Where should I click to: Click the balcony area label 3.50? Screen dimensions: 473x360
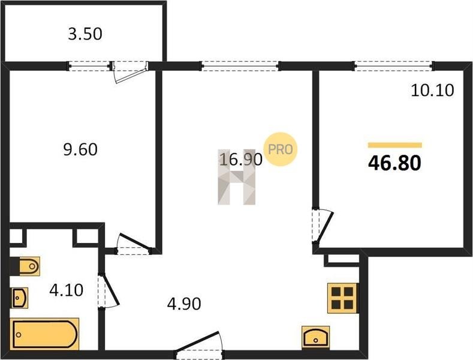point(85,34)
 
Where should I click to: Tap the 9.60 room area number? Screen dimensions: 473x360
point(80,149)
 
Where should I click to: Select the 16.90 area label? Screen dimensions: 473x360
point(241,160)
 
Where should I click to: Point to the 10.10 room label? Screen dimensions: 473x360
point(432,91)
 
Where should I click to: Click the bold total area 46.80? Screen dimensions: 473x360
point(394,163)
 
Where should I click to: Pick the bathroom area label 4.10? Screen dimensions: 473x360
point(67,290)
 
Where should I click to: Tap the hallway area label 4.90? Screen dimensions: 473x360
point(184,304)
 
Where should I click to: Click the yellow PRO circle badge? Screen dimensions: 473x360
point(281,149)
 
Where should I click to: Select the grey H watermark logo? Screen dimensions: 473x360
point(237,177)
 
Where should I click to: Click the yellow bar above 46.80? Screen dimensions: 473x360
point(395,145)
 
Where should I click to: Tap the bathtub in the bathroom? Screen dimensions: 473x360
point(44,334)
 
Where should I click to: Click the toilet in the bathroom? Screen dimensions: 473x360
point(26,266)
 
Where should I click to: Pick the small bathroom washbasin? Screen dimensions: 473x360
point(20,298)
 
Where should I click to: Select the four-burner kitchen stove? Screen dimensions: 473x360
point(343,298)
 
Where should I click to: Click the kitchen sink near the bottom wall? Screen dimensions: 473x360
point(316,337)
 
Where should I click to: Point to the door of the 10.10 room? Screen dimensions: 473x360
point(323,226)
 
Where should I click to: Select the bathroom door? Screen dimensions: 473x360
point(109,291)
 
